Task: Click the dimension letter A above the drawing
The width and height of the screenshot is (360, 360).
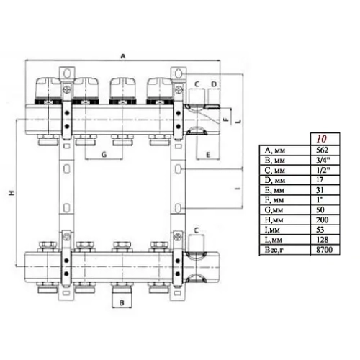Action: pyautogui.click(x=122, y=55)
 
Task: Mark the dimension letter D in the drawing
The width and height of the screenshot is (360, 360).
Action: pyautogui.click(x=213, y=84)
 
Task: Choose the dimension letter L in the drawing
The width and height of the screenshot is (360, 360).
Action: pyautogui.click(x=238, y=123)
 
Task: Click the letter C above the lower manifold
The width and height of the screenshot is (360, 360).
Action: pyautogui.click(x=197, y=229)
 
